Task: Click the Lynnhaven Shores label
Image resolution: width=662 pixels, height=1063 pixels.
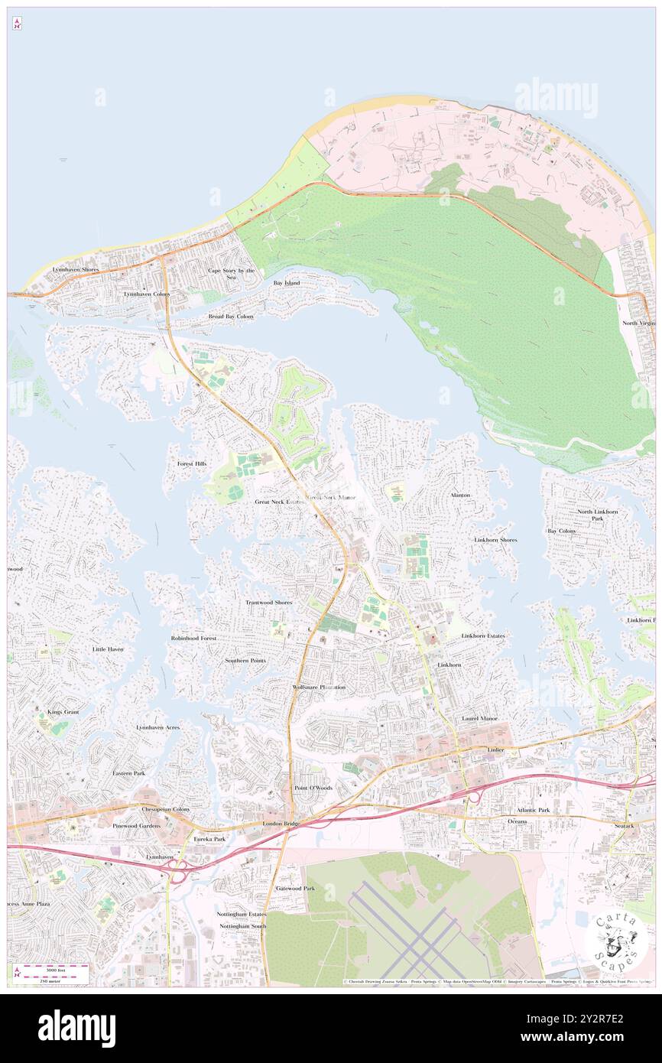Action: tap(76, 270)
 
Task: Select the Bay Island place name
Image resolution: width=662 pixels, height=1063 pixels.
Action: tap(287, 283)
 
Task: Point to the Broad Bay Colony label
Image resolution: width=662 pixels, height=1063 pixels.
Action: tap(231, 316)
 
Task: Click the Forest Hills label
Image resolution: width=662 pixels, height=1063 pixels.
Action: tap(192, 463)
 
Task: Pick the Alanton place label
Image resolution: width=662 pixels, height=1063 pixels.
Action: tap(460, 495)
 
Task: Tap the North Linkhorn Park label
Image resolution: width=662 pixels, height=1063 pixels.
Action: tap(597, 515)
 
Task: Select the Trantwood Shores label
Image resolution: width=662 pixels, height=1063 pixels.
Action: tap(268, 603)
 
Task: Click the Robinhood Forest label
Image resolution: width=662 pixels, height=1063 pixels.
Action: tap(193, 638)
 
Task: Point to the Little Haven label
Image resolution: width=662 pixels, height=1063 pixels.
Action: tap(108, 649)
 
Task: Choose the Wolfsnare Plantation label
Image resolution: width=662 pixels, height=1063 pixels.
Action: tap(319, 688)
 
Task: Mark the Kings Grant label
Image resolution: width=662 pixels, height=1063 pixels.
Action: tap(63, 712)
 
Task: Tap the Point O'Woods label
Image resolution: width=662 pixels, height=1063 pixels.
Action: tap(313, 787)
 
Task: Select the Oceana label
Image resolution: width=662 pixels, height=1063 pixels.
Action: tap(518, 821)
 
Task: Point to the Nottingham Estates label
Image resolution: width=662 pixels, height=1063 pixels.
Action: tap(241, 914)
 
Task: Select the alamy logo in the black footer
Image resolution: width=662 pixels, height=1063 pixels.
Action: tap(76, 1028)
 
